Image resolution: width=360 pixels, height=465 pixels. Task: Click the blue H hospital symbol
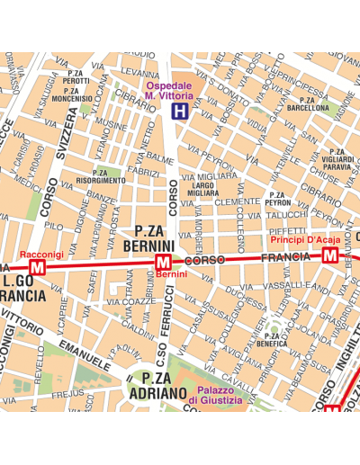click(180, 112)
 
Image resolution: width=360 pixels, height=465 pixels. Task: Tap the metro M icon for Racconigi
click(38, 268)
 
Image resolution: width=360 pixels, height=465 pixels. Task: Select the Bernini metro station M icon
click(163, 262)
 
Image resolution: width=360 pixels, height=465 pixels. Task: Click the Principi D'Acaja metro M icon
click(330, 256)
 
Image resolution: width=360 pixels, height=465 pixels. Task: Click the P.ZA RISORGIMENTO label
click(100, 176)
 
